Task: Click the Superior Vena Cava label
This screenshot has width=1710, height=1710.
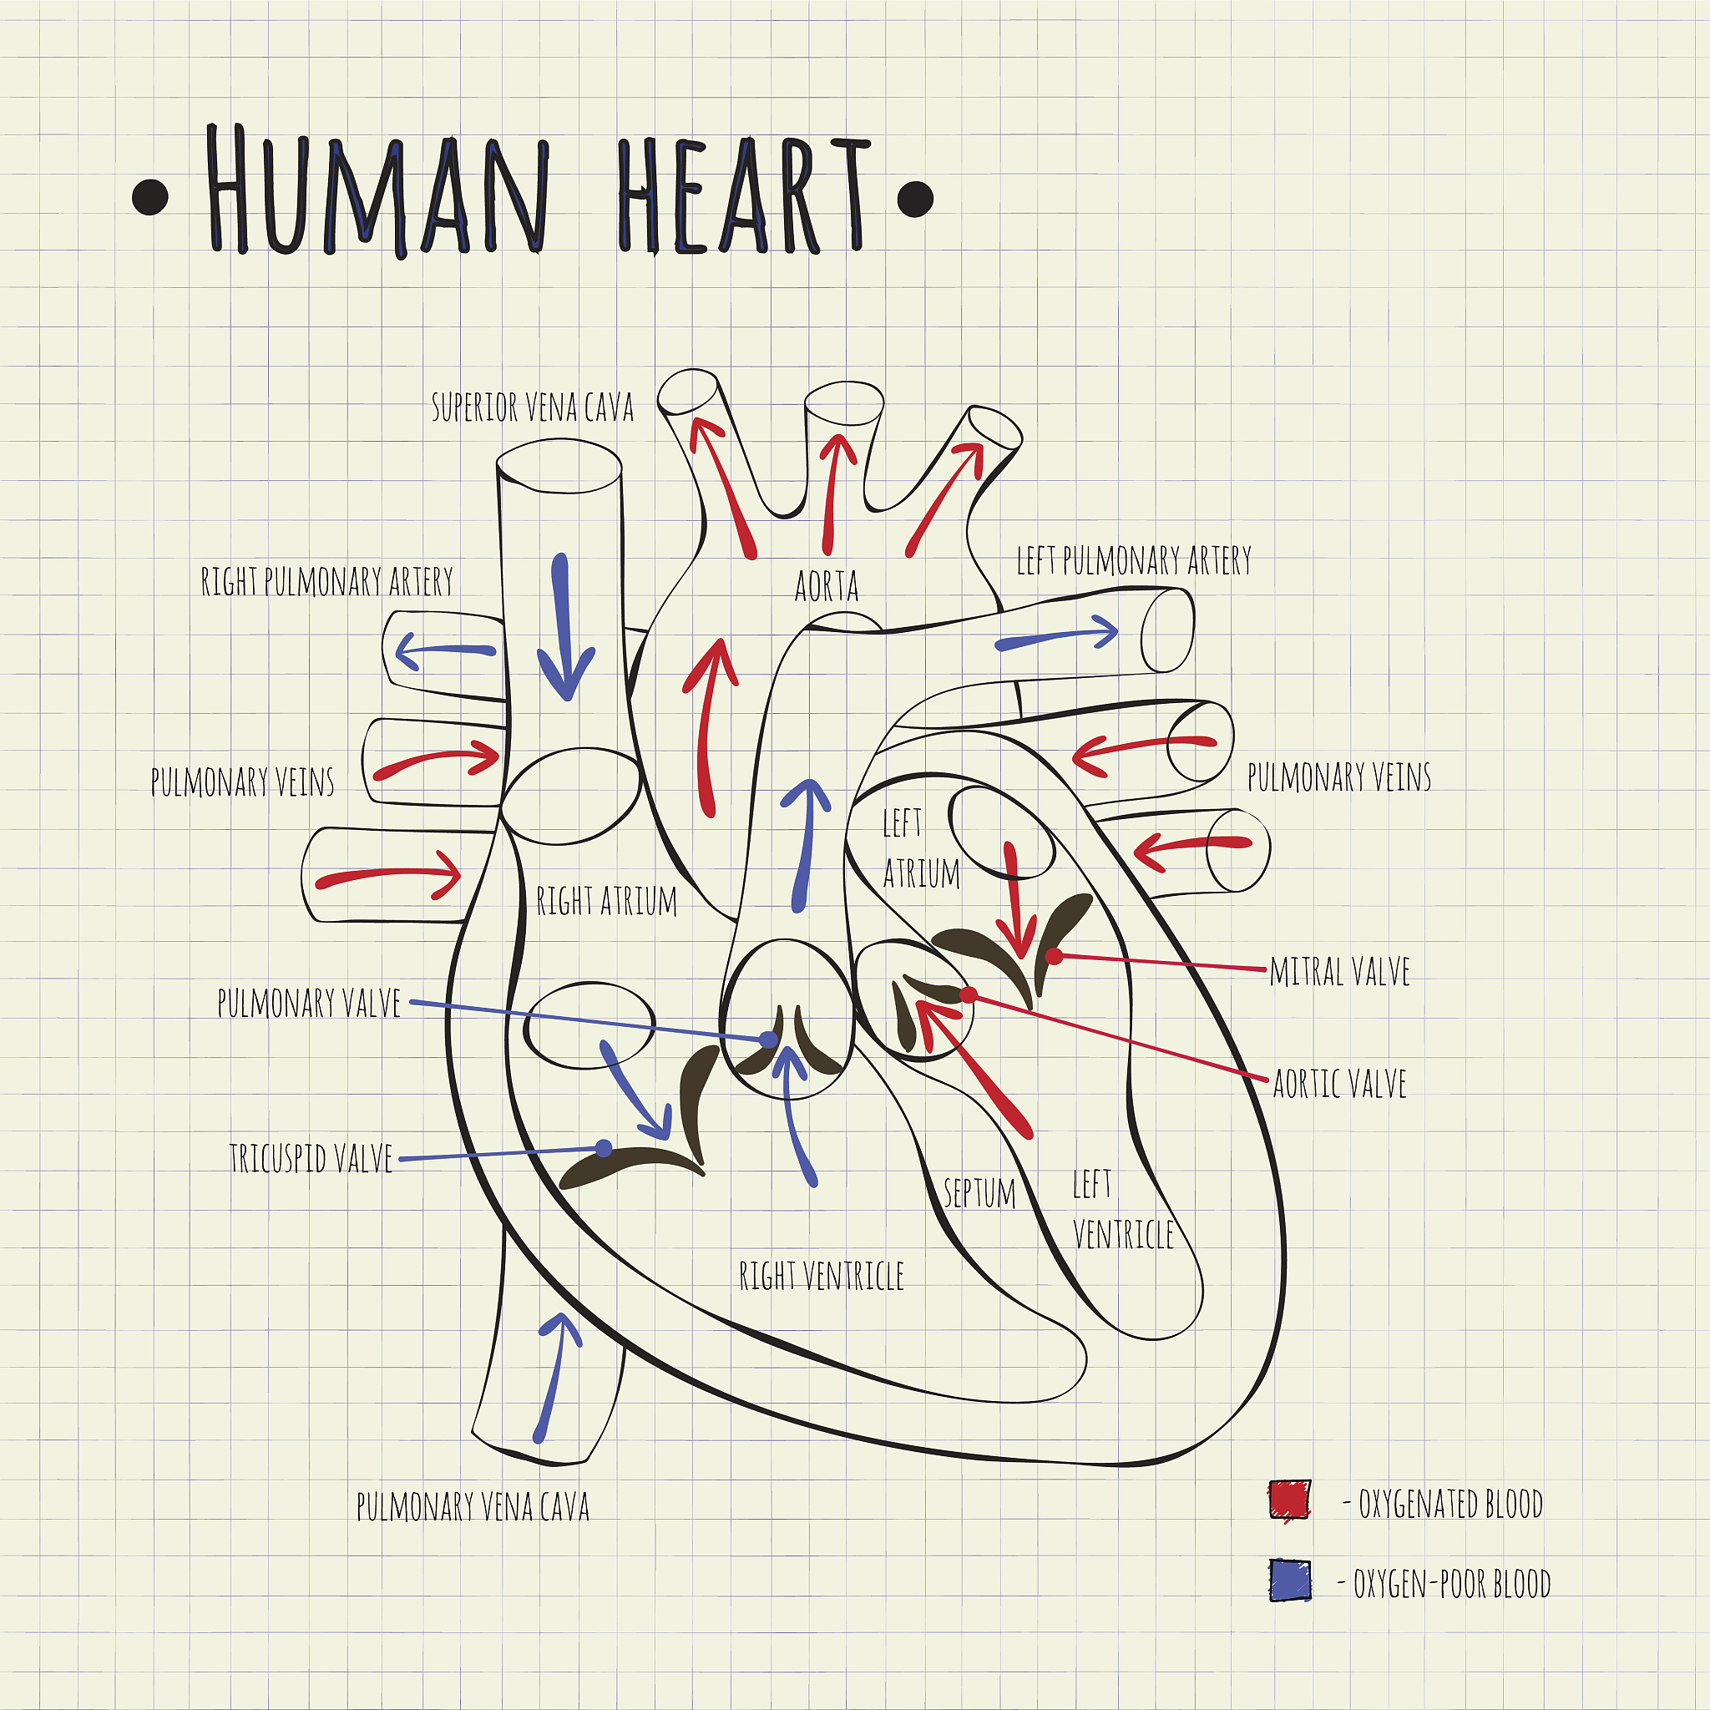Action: (532, 407)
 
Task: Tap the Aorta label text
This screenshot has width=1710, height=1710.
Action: (827, 586)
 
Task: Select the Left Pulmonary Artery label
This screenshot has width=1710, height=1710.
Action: (1134, 560)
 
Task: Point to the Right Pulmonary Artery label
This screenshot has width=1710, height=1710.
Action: (326, 581)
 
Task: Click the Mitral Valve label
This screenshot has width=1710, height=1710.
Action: (1339, 972)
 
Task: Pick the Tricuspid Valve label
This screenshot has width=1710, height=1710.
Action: (311, 1158)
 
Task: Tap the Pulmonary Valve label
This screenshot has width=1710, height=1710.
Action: (309, 1003)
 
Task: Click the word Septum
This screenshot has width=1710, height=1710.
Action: (979, 1193)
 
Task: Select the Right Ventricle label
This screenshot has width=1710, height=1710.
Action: (822, 1276)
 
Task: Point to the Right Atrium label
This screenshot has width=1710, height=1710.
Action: (606, 901)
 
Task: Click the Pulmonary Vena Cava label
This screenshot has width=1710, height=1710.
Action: (473, 1505)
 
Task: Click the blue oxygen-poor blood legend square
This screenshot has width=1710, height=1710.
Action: (1289, 1580)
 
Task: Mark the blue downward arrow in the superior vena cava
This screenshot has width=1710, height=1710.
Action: (564, 627)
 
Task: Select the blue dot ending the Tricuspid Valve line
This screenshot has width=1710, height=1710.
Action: (604, 1148)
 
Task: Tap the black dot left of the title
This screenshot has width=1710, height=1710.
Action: (150, 197)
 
